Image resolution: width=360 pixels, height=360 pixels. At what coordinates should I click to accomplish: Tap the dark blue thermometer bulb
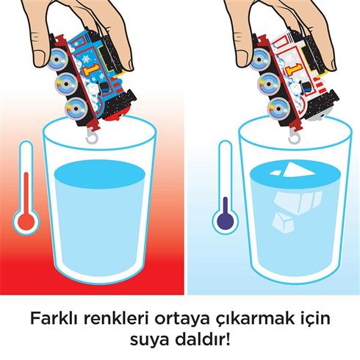(x=222, y=220)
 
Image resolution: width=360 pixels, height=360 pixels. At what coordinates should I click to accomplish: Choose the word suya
(x=150, y=342)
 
